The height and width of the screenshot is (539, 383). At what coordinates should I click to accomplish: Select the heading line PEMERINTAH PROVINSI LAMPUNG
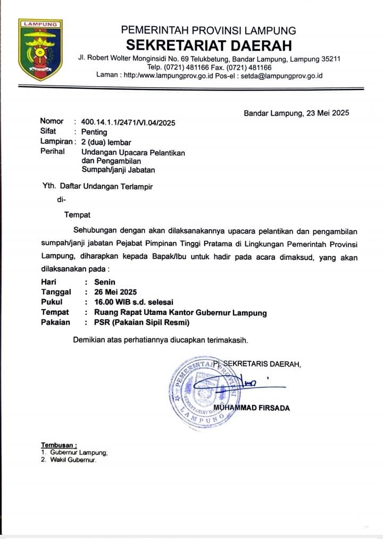click(x=209, y=30)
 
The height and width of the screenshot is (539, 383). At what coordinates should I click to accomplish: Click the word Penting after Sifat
click(x=94, y=132)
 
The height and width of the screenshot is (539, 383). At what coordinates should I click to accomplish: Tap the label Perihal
click(x=53, y=152)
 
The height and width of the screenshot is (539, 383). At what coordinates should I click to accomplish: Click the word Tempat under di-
click(x=77, y=215)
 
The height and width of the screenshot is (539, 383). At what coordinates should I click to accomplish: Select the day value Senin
click(x=105, y=282)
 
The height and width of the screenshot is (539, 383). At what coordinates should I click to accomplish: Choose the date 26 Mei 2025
click(x=115, y=292)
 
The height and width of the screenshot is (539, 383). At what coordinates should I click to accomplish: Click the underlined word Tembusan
click(x=59, y=445)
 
